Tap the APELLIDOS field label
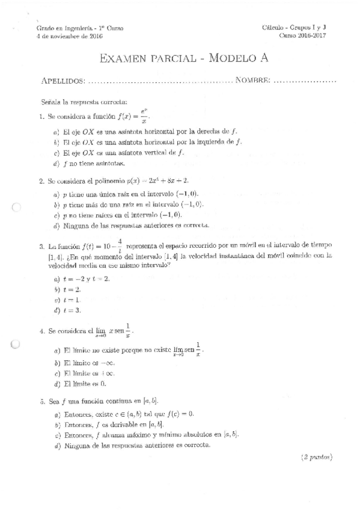coord(63,81)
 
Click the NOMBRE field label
coord(253,81)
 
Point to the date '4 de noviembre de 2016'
coord(69,36)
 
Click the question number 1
coord(40,117)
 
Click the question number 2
coord(40,181)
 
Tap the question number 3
coord(40,247)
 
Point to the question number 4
coord(40,331)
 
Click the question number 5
coord(40,401)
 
